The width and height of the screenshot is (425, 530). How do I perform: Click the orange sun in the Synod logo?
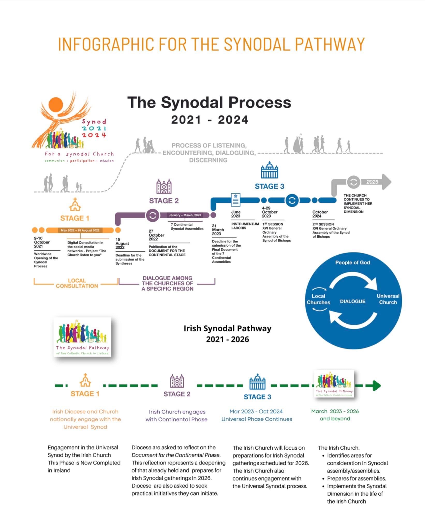pyautogui.click(x=56, y=105)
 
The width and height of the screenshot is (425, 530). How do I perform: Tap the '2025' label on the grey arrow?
pyautogui.click(x=372, y=182)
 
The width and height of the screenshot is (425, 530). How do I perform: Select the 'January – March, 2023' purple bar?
pyautogui.click(x=185, y=215)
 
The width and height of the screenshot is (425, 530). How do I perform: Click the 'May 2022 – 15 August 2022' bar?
pyautogui.click(x=80, y=230)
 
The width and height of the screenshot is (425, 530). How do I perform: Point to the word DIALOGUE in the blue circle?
pyautogui.click(x=353, y=301)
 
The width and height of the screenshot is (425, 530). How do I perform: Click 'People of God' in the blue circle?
pyautogui.click(x=353, y=262)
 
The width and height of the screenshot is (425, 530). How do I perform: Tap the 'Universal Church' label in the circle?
pyautogui.click(x=388, y=299)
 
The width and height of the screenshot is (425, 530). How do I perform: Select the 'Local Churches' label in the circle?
pyautogui.click(x=318, y=299)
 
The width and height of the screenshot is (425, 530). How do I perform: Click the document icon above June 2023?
pyautogui.click(x=235, y=200)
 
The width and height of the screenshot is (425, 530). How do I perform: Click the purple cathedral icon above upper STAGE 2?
pyautogui.click(x=164, y=186)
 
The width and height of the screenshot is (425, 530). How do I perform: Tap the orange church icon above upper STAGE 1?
pyautogui.click(x=75, y=204)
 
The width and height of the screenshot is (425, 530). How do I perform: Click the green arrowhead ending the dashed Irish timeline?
pyautogui.click(x=377, y=385)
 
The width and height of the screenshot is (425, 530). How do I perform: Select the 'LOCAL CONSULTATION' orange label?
pyautogui.click(x=77, y=283)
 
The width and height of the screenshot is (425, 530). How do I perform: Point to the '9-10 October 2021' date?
pyautogui.click(x=42, y=242)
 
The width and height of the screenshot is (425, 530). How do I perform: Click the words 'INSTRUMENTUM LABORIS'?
pyautogui.click(x=245, y=226)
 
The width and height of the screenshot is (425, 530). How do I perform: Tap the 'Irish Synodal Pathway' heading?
pyautogui.click(x=227, y=328)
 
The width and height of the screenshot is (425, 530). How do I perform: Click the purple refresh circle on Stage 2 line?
pyautogui.click(x=153, y=215)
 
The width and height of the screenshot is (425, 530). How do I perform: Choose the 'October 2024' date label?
pyautogui.click(x=320, y=214)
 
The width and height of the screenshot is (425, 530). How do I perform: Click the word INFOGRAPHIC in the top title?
pyautogui.click(x=106, y=44)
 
